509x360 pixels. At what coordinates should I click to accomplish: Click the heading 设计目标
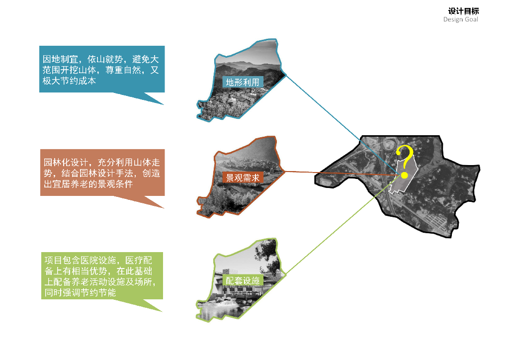point(463,11)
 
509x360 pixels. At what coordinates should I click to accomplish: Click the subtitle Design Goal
point(461,20)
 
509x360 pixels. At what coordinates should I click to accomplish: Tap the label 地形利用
point(243,83)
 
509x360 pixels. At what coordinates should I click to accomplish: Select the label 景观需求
point(243,178)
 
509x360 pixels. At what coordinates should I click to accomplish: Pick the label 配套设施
point(243,281)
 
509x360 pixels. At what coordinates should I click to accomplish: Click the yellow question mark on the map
point(406,159)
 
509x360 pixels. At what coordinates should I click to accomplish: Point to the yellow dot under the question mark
point(405,175)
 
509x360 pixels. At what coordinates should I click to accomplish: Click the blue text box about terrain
point(101,69)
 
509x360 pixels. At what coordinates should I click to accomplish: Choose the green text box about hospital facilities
point(101,275)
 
